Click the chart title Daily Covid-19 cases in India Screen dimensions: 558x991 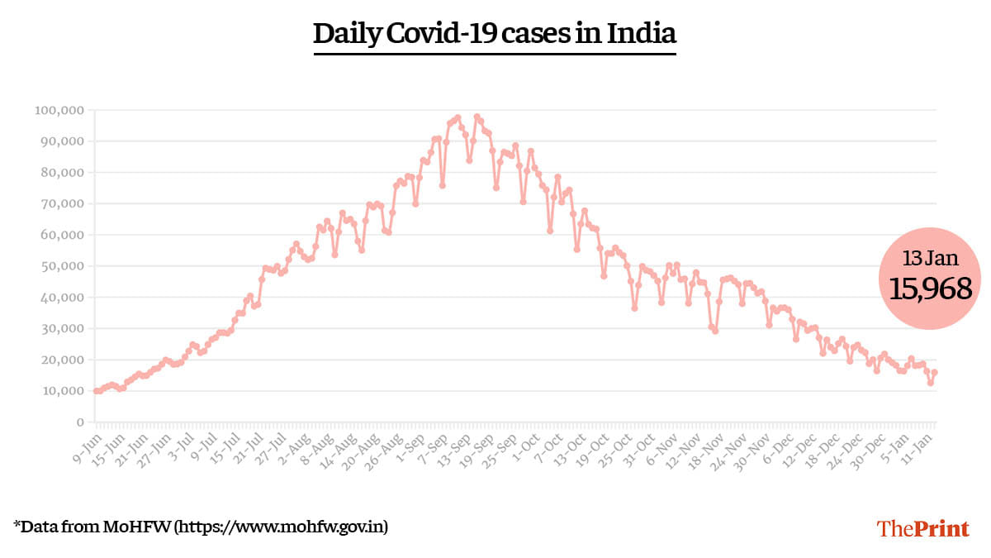coord(495,34)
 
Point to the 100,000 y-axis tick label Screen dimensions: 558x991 coord(59,110)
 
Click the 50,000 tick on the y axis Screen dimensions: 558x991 coord(62,266)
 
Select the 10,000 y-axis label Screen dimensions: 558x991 coord(62,391)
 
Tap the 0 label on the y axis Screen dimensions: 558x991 coord(79,422)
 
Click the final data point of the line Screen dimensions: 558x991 coord(934,373)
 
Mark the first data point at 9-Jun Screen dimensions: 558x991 coord(96,391)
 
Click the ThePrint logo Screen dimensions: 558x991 coord(922,528)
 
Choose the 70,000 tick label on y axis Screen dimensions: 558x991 coord(62,204)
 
